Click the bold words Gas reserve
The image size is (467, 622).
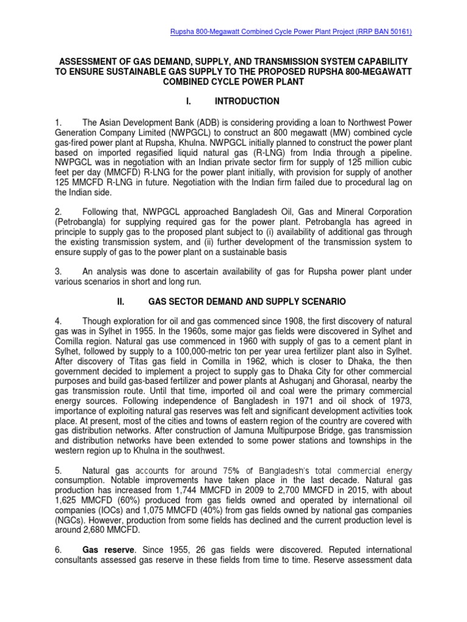[x=107, y=550]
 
